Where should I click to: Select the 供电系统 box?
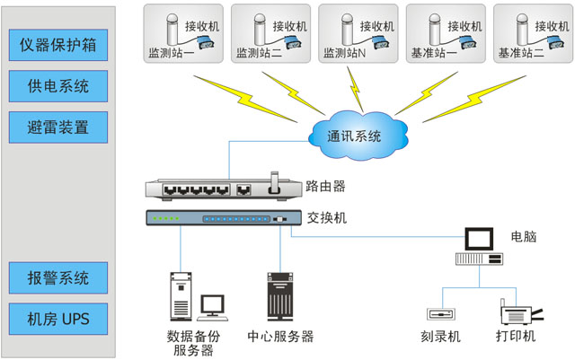pos(58,86)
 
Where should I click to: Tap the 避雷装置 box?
pos(58,127)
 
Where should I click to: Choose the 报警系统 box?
pos(58,277)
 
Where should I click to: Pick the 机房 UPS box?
pos(58,318)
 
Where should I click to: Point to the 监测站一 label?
pos(171,54)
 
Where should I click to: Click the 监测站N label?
pos(346,54)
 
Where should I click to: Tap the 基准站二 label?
pos(521,54)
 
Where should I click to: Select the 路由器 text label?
pos(325,187)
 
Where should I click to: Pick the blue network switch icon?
pos(219,218)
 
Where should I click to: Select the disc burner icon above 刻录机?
pos(442,315)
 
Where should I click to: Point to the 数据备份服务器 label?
pos(193,343)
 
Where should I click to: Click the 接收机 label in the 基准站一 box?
pos(465,26)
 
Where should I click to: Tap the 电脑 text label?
pos(523,237)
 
